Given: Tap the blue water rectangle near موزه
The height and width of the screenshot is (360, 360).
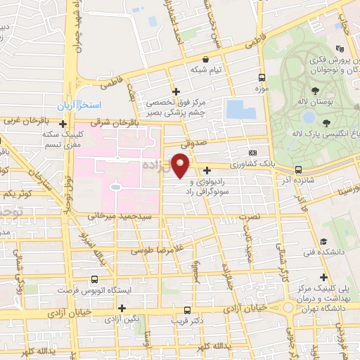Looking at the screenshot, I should coord(240,110).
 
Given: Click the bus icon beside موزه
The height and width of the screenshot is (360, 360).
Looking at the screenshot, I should coord(262,78).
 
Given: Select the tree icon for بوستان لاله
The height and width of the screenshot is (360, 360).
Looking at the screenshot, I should coord(314,91).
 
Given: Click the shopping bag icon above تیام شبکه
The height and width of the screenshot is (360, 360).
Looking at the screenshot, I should coord(205,60).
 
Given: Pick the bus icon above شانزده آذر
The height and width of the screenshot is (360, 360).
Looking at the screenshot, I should coord(300,169).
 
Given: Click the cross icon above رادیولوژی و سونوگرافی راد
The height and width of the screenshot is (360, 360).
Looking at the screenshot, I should coord(207,169).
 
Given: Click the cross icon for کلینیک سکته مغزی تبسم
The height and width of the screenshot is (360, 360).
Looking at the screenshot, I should coord(64,124).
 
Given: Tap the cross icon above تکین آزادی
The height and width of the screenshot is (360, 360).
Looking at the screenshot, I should coord(122,308).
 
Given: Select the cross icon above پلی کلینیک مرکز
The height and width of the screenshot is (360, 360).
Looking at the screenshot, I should coord(323,277).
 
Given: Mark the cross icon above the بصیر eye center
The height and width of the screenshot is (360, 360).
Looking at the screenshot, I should coord(176,91).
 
